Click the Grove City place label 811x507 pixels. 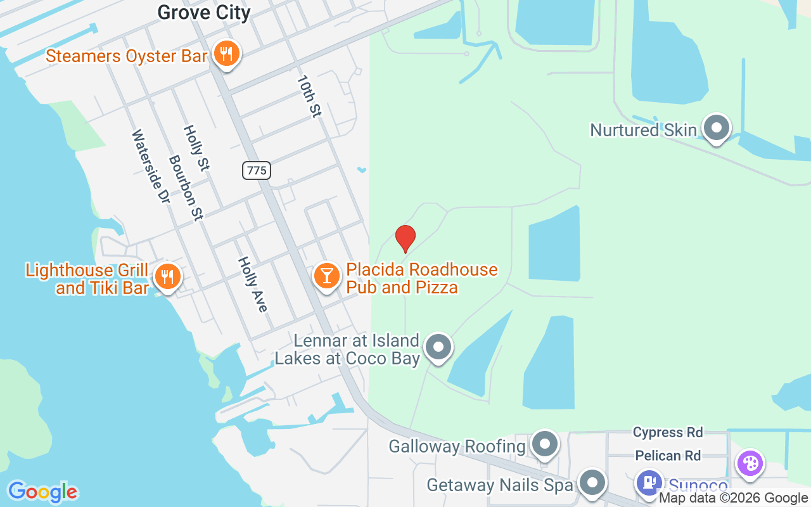[x=203, y=12]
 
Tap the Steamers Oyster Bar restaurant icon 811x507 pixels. [x=225, y=54]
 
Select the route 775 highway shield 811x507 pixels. [x=257, y=170]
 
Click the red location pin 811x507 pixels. [x=405, y=238]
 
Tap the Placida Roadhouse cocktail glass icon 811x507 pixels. [x=327, y=277]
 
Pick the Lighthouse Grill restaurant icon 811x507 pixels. [x=167, y=276]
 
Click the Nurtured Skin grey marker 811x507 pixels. [x=717, y=127]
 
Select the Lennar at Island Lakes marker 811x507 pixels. [x=438, y=347]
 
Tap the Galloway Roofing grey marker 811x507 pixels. [x=544, y=444]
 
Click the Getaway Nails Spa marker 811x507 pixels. [x=592, y=483]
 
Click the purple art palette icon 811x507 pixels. [x=750, y=463]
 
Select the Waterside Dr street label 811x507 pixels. [x=151, y=167]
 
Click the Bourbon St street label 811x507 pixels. [x=186, y=188]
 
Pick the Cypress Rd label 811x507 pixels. [x=668, y=433]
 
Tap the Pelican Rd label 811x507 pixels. [x=668, y=456]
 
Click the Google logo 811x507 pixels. [x=42, y=492]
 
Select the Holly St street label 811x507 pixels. [x=196, y=148]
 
